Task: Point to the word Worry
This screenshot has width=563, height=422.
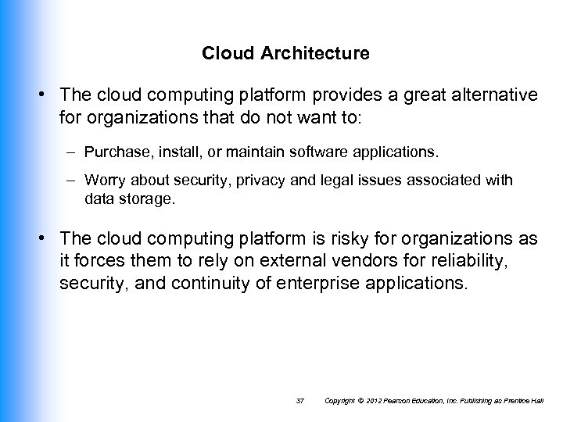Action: [106, 181]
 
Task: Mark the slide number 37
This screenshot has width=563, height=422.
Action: [300, 400]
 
